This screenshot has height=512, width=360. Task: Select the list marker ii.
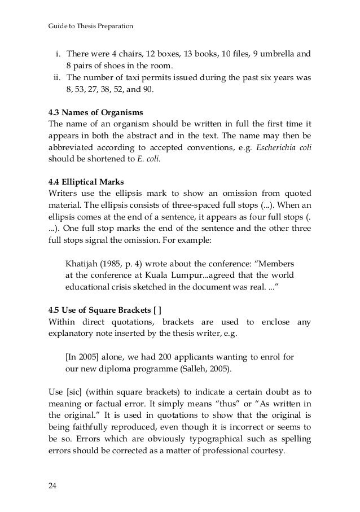coord(56,78)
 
